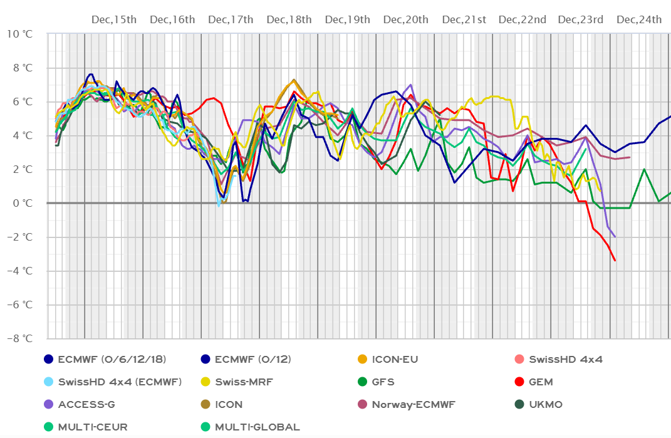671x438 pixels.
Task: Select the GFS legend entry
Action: point(383,382)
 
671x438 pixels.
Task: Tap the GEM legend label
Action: point(541,382)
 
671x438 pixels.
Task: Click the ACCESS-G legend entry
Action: point(86,405)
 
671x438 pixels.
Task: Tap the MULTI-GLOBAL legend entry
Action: point(257,427)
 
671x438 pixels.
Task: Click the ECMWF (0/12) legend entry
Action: point(252,360)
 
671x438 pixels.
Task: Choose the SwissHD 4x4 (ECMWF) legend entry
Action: point(119,382)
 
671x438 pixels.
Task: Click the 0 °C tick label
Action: point(22,203)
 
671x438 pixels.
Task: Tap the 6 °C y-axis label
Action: point(22,102)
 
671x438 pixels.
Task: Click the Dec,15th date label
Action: point(114,19)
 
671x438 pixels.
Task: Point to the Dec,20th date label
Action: point(406,19)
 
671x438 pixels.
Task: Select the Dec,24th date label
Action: point(639,19)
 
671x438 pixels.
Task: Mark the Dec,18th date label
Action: point(289,19)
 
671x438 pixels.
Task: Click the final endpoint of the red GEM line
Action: point(615,260)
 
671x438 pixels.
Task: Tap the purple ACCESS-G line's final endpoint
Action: point(615,237)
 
